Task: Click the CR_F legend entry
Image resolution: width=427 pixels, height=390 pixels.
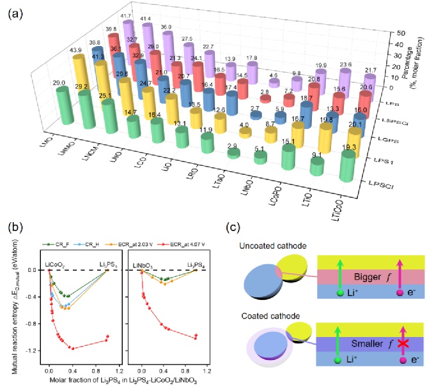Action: pyautogui.click(x=68, y=225)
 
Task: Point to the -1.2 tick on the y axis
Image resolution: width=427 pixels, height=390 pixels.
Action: pyautogui.click(x=35, y=351)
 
